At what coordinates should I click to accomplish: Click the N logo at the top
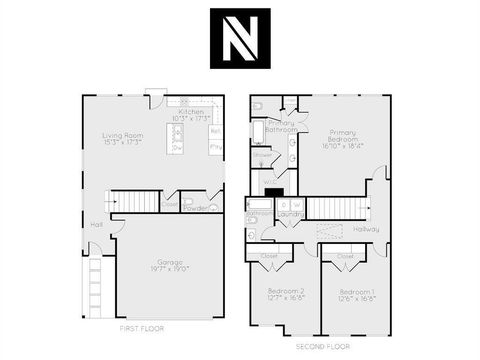[240, 38]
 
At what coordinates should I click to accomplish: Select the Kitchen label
[190, 115]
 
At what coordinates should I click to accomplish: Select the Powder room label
[194, 208]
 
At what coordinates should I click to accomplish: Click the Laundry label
[290, 214]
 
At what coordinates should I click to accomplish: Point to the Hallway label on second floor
[366, 229]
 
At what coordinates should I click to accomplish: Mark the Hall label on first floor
[96, 224]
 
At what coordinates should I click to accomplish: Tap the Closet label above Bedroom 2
[268, 256]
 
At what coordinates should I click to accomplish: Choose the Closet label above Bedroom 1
[345, 256]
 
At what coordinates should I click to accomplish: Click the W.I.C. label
[270, 182]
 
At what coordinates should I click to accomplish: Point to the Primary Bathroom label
[281, 126]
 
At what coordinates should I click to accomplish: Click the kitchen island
[178, 138]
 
